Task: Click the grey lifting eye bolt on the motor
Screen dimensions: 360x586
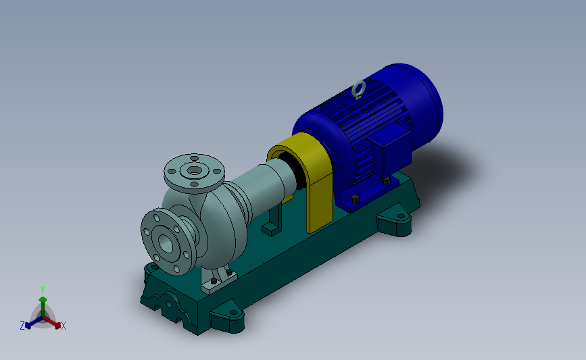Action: tap(359, 88)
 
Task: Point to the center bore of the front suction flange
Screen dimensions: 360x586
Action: tap(165, 241)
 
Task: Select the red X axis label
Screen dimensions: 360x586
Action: tap(64, 326)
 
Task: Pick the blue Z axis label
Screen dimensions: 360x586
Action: tap(22, 326)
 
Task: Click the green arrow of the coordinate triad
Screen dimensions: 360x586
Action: tap(43, 301)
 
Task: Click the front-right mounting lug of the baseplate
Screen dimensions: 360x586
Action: tap(228, 318)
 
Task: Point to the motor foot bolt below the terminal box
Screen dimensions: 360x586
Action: tap(385, 180)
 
